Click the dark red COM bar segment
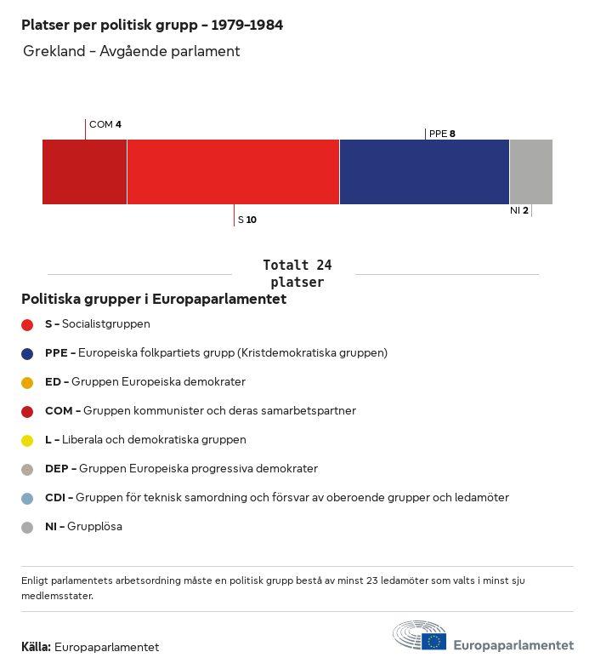[x=84, y=172]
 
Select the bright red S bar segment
[x=233, y=172]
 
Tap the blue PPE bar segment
[x=424, y=172]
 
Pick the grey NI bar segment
[x=530, y=172]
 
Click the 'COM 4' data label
[x=105, y=124]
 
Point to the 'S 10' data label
[x=247, y=220]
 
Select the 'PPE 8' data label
[x=442, y=134]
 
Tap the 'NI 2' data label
[x=518, y=210]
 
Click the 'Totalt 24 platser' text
[x=297, y=273]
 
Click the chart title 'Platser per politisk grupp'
[x=152, y=26]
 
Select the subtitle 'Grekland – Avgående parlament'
[x=132, y=51]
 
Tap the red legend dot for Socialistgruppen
[x=27, y=324]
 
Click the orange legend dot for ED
[x=27, y=382]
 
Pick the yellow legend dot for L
[x=27, y=440]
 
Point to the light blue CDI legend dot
[x=27, y=498]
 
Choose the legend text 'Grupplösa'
[x=94, y=527]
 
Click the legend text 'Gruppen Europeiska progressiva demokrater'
[x=198, y=469]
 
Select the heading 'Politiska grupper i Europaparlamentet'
[x=154, y=300]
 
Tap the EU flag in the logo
[x=434, y=641]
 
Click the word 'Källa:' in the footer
[x=37, y=647]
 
